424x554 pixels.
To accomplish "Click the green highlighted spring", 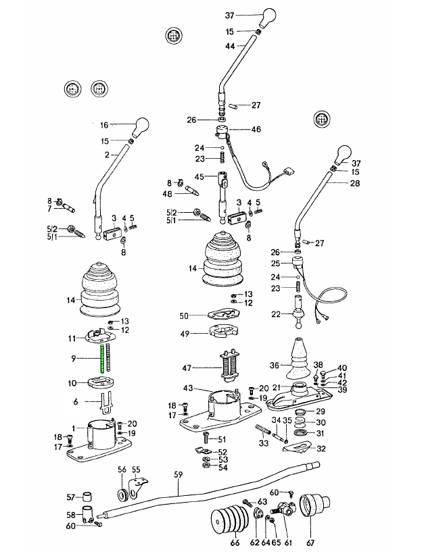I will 101,358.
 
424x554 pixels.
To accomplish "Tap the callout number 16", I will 104,125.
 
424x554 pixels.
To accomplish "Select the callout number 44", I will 230,46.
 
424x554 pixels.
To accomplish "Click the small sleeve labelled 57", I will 87,497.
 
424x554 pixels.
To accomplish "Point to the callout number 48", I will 167,194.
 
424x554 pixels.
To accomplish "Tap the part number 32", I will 321,448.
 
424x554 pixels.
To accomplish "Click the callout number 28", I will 356,183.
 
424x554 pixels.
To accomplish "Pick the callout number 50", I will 184,316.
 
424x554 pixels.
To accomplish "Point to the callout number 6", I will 76,401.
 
